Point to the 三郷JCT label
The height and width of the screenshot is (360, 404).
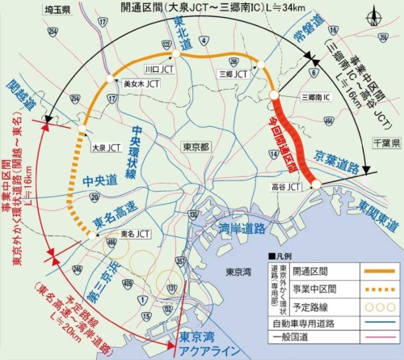[233, 72]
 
